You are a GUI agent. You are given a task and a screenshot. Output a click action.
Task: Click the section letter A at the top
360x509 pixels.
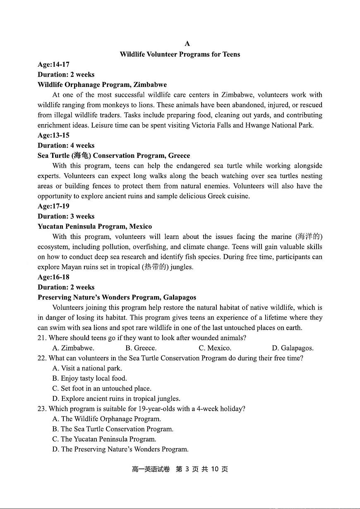(x=187, y=43)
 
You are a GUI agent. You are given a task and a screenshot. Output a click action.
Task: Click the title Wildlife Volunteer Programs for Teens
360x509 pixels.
(x=180, y=54)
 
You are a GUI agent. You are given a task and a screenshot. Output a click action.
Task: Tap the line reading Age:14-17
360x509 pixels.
(x=53, y=65)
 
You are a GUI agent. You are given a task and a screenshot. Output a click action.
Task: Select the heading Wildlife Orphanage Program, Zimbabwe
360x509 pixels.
(x=102, y=85)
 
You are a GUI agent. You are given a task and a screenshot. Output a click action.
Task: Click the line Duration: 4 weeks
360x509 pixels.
(x=66, y=145)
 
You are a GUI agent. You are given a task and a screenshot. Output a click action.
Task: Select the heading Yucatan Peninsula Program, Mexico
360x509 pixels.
(x=95, y=227)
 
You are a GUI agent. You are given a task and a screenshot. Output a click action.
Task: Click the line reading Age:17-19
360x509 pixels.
(x=53, y=206)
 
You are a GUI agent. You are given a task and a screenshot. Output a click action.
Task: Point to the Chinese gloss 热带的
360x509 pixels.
(x=155, y=267)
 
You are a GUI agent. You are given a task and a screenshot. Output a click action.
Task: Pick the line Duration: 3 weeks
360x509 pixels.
(x=66, y=216)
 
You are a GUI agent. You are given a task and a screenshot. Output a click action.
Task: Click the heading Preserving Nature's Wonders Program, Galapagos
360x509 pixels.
(x=117, y=297)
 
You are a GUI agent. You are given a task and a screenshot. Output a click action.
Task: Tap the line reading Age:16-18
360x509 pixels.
(x=53, y=277)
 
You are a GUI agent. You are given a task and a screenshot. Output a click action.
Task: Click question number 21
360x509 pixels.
(x=42, y=338)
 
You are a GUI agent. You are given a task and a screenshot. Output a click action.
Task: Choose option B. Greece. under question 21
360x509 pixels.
(x=141, y=348)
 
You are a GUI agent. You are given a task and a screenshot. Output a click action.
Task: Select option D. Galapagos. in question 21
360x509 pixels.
(x=293, y=348)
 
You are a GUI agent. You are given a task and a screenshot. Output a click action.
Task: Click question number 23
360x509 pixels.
(x=42, y=409)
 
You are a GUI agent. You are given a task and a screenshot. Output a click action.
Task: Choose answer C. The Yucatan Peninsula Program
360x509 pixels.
(x=104, y=439)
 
